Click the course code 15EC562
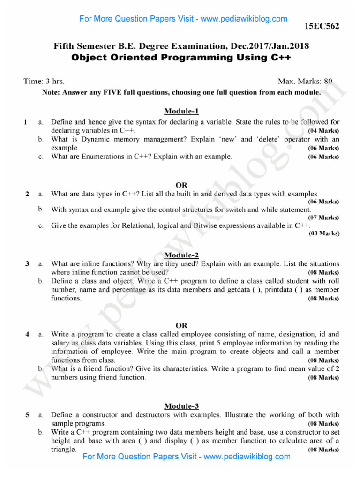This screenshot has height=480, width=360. [x=322, y=26]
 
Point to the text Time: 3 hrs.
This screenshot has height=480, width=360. [x=44, y=82]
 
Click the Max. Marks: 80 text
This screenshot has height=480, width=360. [x=305, y=82]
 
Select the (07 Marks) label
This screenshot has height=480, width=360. [x=323, y=217]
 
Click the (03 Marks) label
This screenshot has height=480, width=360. [x=323, y=233]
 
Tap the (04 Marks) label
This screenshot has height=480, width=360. [x=323, y=130]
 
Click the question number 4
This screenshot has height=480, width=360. [x=28, y=334]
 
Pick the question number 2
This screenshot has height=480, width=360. [x=28, y=194]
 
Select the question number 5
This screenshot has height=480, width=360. [x=28, y=415]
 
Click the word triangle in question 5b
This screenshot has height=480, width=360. [x=63, y=449]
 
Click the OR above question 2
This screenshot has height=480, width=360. [x=181, y=185]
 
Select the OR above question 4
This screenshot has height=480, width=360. [x=181, y=325]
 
